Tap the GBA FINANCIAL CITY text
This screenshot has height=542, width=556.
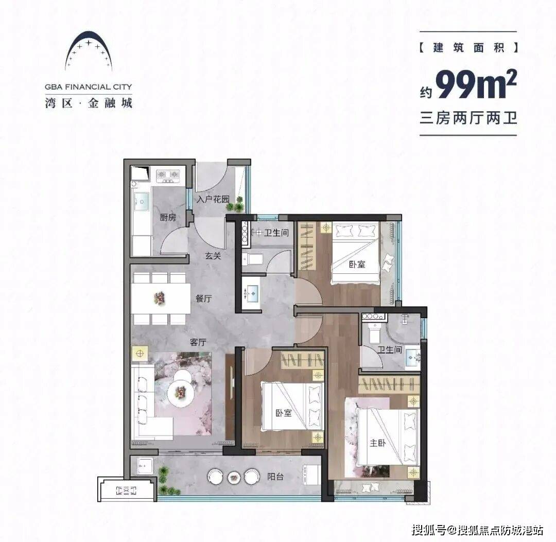coord(89,87)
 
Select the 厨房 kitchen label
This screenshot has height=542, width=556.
coord(168,217)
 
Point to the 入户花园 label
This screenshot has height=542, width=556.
coord(213,199)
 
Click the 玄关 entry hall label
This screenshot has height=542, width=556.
coord(213,255)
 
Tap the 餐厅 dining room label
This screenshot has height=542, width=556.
coord(203,299)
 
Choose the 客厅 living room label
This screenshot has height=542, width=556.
coord(198,342)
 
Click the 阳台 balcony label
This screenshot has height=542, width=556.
coord(275,477)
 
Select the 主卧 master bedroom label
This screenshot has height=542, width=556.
coord(378,443)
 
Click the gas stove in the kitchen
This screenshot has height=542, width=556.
coord(168,176)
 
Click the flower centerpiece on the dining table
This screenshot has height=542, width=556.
coord(159,298)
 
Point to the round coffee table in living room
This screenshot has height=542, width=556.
coord(181,392)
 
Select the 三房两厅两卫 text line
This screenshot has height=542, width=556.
coord(468,118)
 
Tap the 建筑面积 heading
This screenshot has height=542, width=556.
coord(468,47)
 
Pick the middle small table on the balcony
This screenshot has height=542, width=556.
coord(234,477)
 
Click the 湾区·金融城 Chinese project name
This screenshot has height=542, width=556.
coord(89,103)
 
